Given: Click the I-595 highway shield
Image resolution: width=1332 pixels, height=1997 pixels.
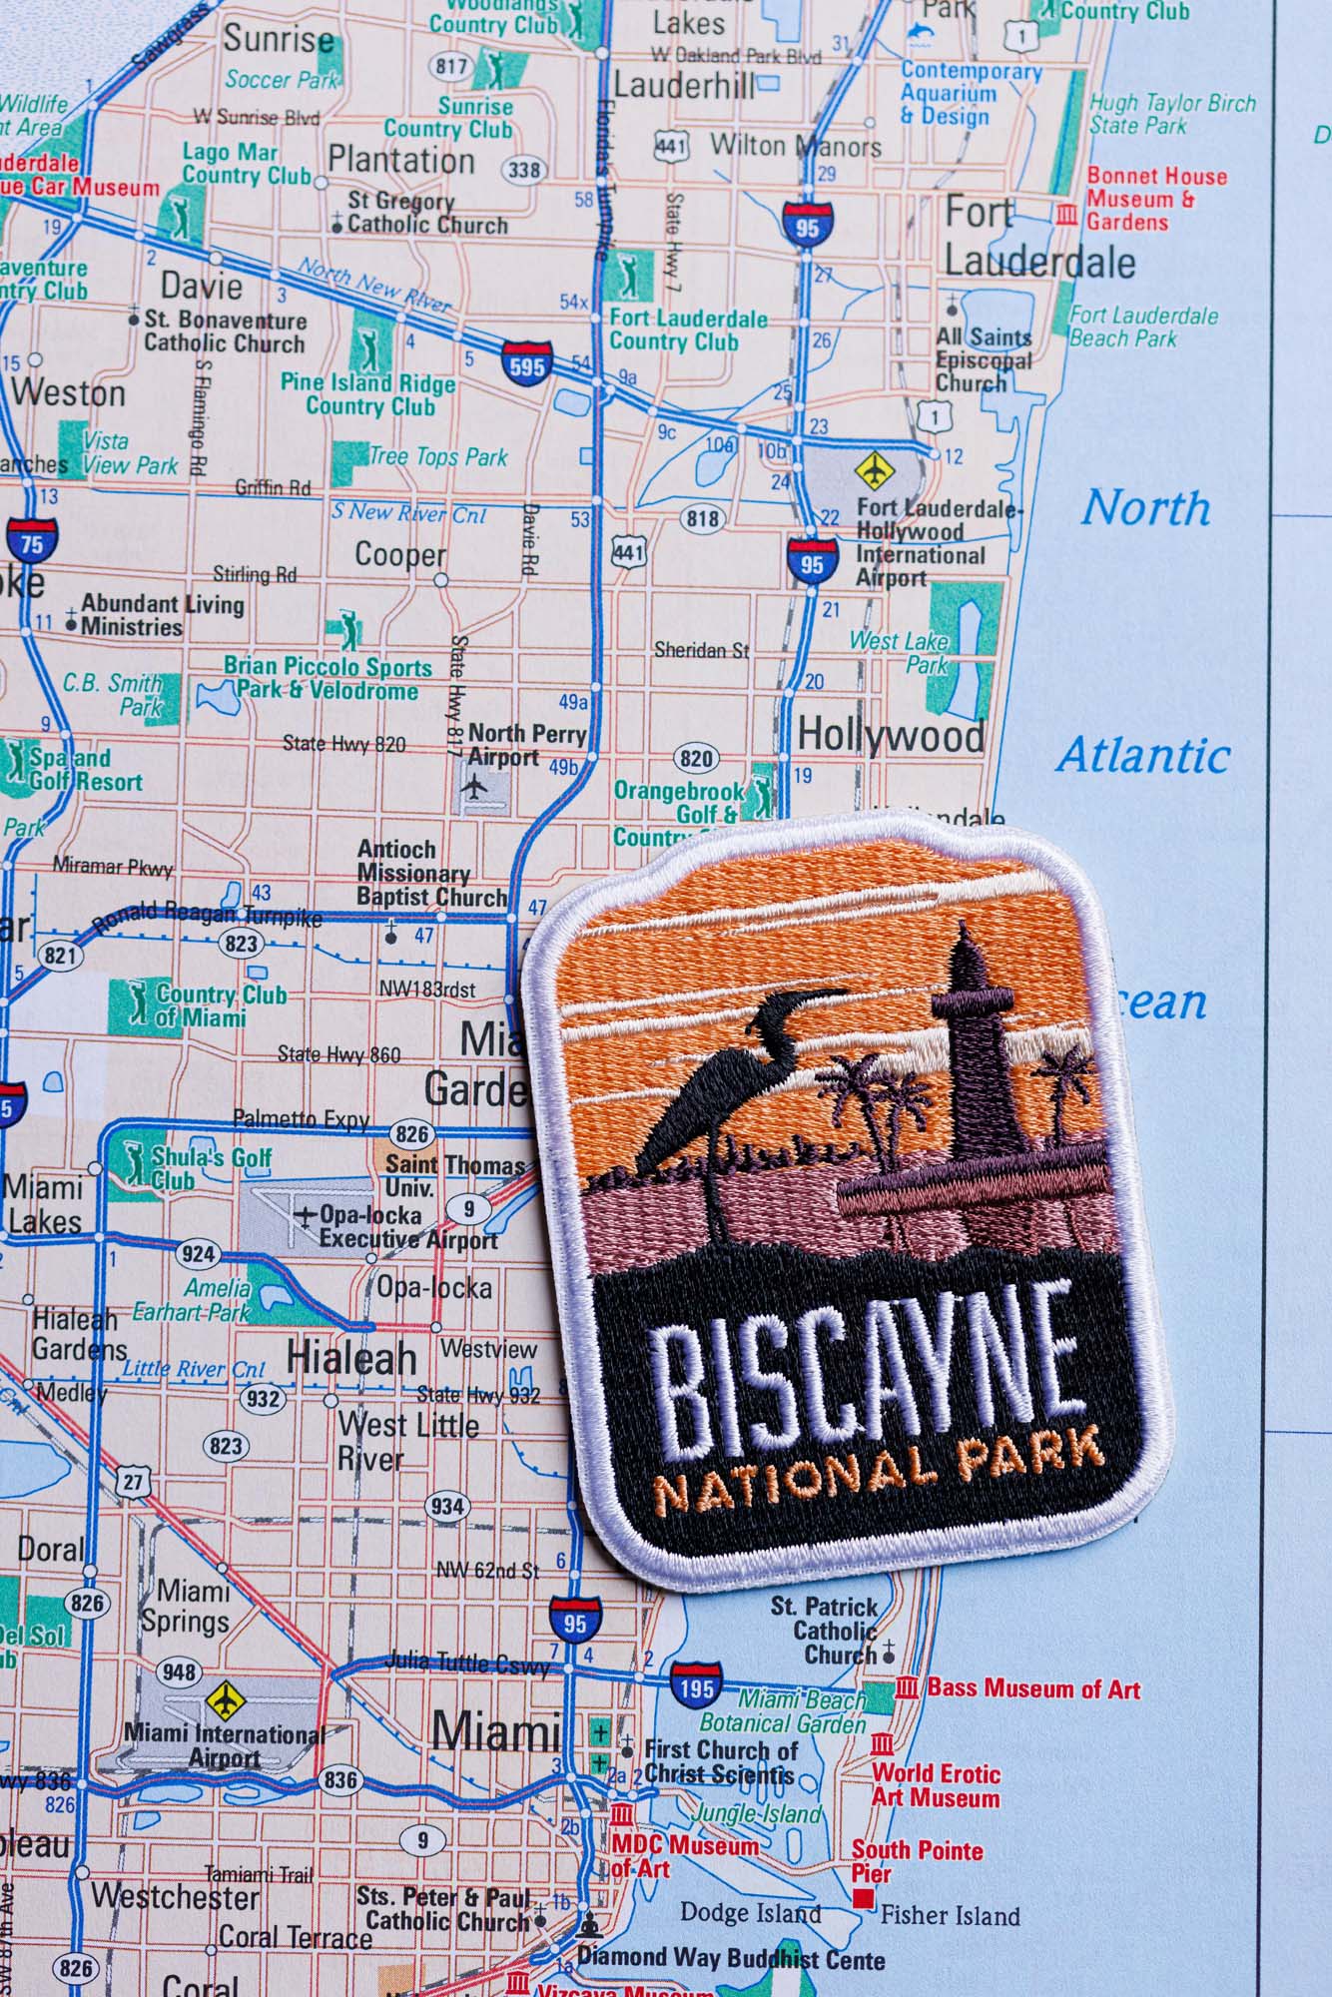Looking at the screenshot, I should (x=526, y=363).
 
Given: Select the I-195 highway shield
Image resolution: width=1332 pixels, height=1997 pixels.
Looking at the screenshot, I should (x=696, y=1686).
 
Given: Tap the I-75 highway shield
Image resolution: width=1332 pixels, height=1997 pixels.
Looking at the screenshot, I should (x=32, y=542).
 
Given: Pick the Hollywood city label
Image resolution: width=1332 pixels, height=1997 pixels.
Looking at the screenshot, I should (x=891, y=736).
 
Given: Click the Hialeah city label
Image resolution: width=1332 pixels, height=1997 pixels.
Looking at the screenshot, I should (x=351, y=1358).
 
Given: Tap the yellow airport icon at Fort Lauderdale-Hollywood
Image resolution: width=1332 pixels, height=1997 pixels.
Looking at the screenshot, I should (x=875, y=467).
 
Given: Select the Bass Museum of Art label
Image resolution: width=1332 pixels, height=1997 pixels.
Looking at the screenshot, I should (x=1033, y=1688).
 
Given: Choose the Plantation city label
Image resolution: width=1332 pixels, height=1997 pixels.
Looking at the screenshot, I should (x=401, y=160).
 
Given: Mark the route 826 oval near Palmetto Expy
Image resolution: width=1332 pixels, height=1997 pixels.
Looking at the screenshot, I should (x=411, y=1134).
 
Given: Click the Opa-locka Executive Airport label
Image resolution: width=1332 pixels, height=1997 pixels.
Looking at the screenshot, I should (x=407, y=1227).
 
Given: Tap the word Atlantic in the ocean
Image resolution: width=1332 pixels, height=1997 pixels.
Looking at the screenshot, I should (x=1144, y=756).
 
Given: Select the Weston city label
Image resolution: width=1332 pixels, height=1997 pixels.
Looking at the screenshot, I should (x=69, y=392).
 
